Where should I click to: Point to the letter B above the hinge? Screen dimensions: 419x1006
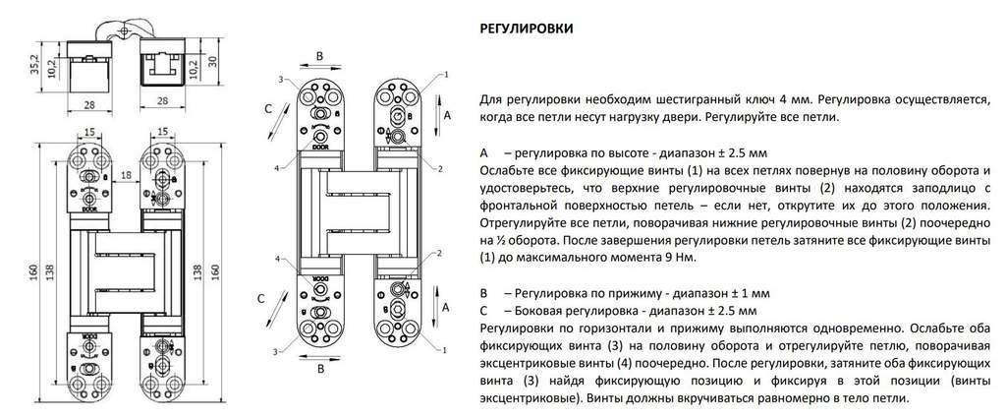click(x=318, y=55)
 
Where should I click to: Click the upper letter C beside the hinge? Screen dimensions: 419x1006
click(x=261, y=109)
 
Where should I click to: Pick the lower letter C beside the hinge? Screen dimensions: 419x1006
click(x=260, y=298)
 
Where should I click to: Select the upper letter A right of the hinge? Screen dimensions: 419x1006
click(x=449, y=115)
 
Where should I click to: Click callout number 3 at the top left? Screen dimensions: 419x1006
click(x=280, y=78)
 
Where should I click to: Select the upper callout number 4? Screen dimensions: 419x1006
click(x=279, y=166)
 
